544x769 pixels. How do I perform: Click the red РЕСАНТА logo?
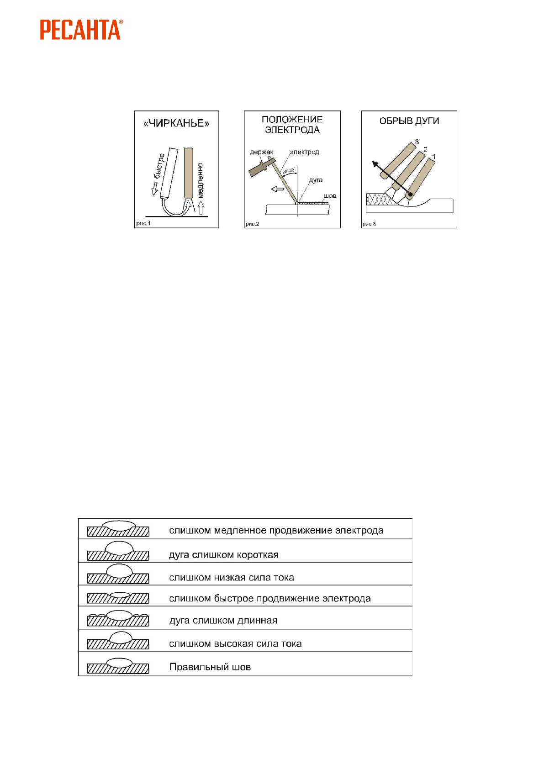click(80, 30)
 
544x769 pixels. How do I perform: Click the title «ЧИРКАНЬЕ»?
click(176, 123)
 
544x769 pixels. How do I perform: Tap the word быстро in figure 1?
click(159, 167)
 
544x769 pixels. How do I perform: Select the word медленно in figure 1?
click(200, 180)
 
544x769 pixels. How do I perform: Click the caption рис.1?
click(143, 223)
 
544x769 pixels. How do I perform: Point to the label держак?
click(261, 152)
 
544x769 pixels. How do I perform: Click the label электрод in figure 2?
click(304, 152)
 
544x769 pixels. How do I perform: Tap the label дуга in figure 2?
click(316, 180)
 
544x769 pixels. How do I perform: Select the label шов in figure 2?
click(330, 196)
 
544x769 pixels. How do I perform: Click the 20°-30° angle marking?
click(288, 171)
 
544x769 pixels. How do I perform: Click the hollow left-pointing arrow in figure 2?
click(277, 189)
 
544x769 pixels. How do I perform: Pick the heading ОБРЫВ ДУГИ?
click(409, 121)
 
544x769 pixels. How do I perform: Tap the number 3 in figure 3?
click(417, 142)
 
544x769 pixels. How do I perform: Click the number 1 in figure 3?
click(434, 157)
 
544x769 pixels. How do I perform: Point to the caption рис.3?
click(369, 224)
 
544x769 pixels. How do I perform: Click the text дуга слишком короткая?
click(224, 555)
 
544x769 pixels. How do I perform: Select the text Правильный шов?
click(210, 667)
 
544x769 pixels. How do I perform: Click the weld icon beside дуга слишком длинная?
click(118, 618)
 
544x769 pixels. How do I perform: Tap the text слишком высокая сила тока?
click(235, 644)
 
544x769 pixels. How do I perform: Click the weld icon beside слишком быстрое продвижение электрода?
click(118, 597)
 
